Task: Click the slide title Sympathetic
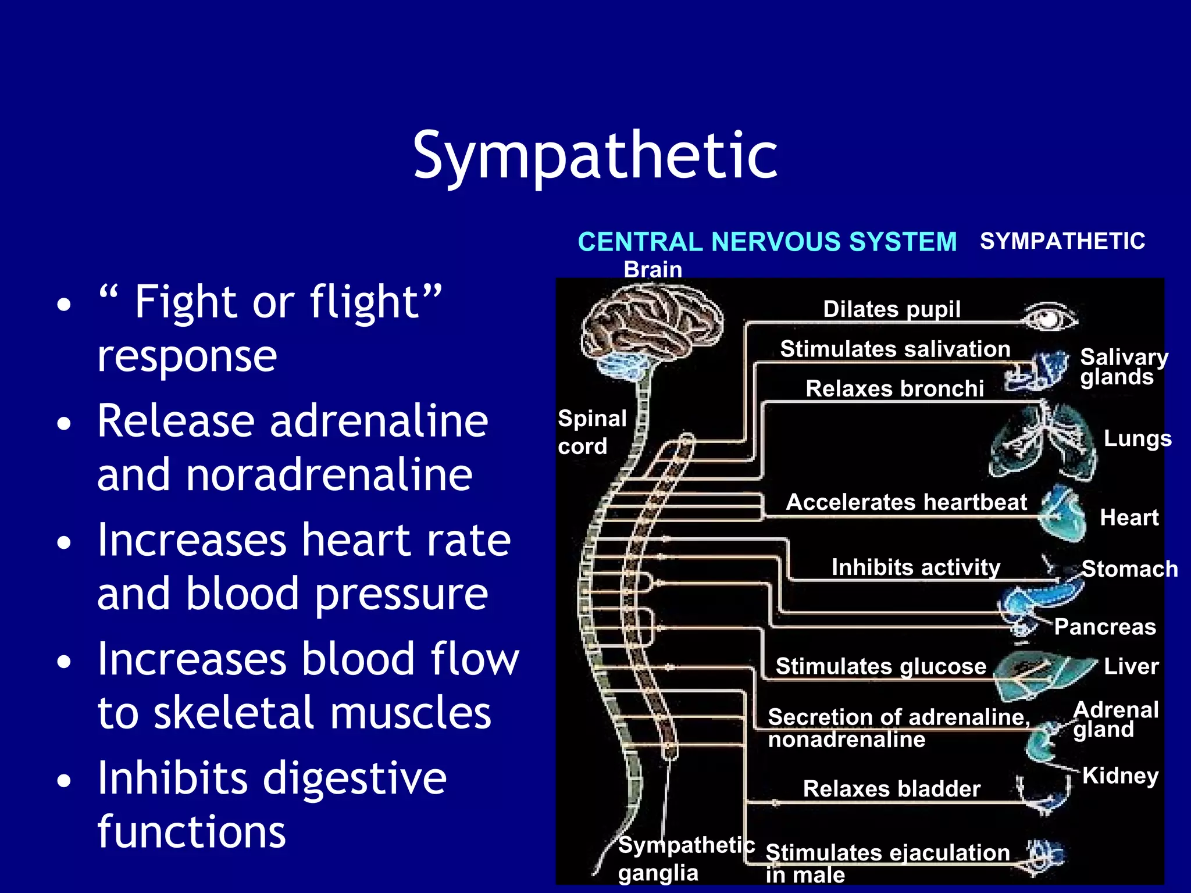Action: [595, 156]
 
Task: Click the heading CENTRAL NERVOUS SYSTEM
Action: [766, 242]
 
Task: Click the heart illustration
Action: [1062, 514]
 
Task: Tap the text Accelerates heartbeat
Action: [906, 502]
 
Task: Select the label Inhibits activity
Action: [915, 567]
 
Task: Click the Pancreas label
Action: [1104, 627]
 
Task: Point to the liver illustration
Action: [1041, 674]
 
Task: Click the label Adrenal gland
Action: [1115, 719]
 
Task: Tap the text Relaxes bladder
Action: [891, 789]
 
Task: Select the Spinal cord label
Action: [591, 432]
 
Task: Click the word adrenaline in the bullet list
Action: [379, 421]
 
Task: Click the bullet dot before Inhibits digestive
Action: [64, 781]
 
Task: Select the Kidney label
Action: [1120, 776]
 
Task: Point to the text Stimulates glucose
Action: [880, 666]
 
